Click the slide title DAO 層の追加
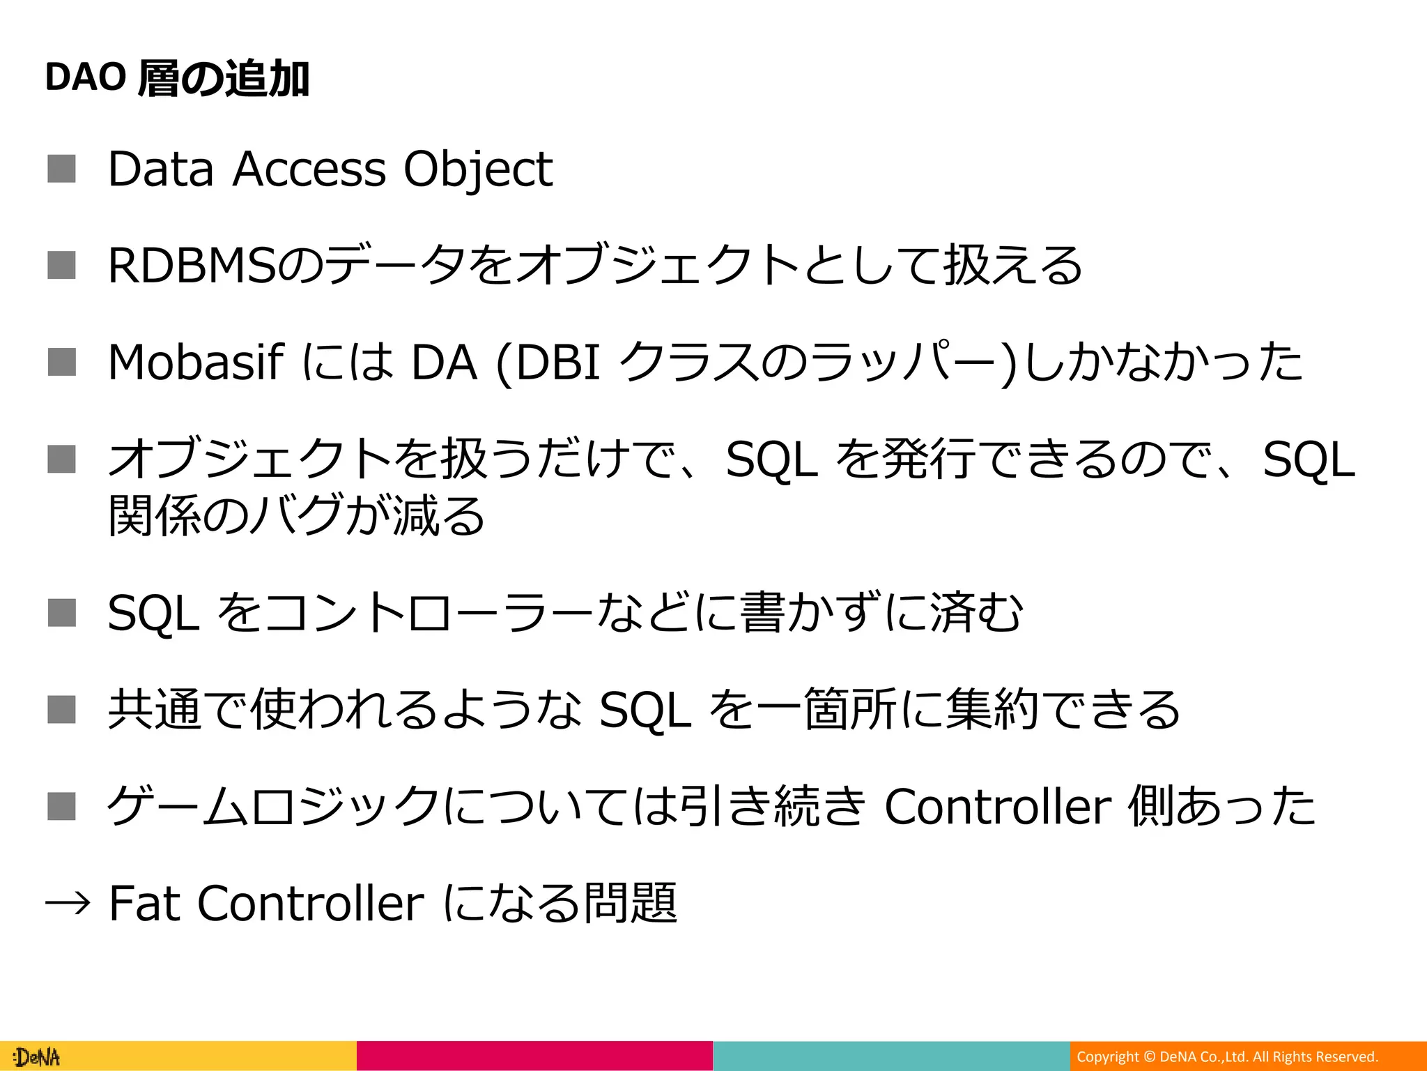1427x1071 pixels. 177,78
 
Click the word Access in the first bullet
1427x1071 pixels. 309,169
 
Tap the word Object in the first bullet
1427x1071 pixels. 478,169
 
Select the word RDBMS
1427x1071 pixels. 192,266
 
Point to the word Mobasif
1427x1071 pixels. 196,363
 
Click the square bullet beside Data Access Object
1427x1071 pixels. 61,169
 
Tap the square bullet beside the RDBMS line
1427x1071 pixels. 61,265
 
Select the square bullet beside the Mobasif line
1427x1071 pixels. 61,362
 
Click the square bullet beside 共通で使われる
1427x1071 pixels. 61,709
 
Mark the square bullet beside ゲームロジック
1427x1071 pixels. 61,806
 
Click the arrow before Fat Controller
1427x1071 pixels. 68,904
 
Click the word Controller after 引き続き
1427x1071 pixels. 997,807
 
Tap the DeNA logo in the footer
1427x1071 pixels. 38,1057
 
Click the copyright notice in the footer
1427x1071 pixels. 1227,1057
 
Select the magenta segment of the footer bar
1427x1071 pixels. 534,1056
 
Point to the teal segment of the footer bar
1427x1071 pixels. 891,1056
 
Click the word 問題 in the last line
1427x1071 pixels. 630,904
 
